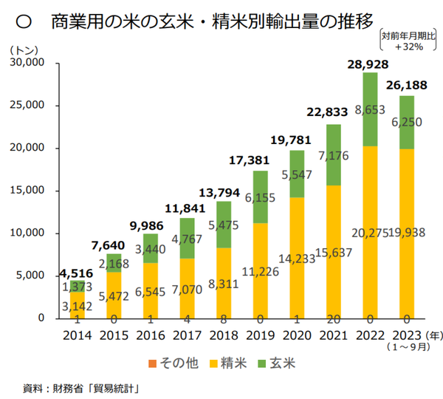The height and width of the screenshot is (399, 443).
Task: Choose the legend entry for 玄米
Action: pos(281,363)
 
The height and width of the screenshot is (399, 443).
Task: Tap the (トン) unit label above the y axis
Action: pos(27,50)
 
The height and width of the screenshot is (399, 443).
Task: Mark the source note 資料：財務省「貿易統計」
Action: pos(82,387)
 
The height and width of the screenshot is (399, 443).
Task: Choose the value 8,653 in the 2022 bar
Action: pos(369,110)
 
